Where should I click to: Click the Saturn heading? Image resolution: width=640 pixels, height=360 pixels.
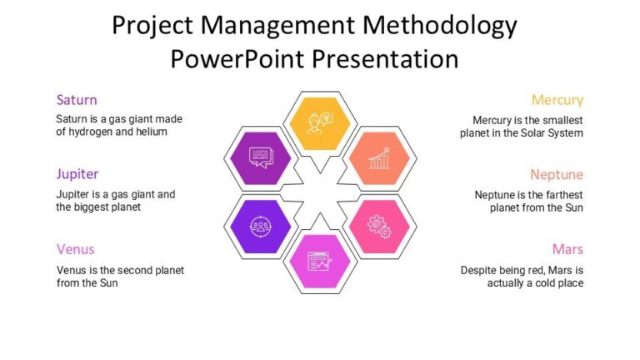pyautogui.click(x=77, y=100)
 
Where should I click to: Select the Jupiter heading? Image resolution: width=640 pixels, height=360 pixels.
pyautogui.click(x=77, y=174)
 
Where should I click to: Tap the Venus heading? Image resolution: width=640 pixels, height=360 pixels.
pyautogui.click(x=75, y=249)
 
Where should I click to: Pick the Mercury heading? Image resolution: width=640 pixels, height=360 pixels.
pyautogui.click(x=557, y=100)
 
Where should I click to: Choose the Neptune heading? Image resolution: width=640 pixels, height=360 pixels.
pyautogui.click(x=557, y=175)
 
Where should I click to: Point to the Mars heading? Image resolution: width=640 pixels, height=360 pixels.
pyautogui.click(x=567, y=249)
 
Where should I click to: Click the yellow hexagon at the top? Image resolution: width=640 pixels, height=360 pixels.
pyautogui.click(x=320, y=122)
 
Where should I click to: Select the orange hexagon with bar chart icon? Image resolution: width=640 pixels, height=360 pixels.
pyautogui.click(x=380, y=157)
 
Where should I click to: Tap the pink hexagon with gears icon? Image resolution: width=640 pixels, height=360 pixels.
pyautogui.click(x=380, y=225)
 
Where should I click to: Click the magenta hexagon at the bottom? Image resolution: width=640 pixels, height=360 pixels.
pyautogui.click(x=320, y=261)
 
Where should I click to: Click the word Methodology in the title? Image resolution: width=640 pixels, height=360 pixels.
pyautogui.click(x=438, y=27)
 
